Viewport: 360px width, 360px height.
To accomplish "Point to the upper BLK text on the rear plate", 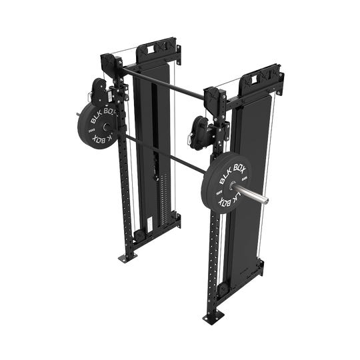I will [95, 114].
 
